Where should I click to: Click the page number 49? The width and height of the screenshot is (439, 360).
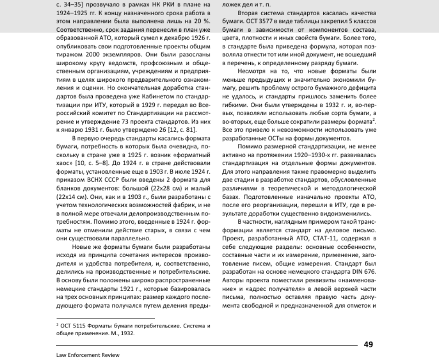[369, 344]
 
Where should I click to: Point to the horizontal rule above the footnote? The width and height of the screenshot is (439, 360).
[106, 318]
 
